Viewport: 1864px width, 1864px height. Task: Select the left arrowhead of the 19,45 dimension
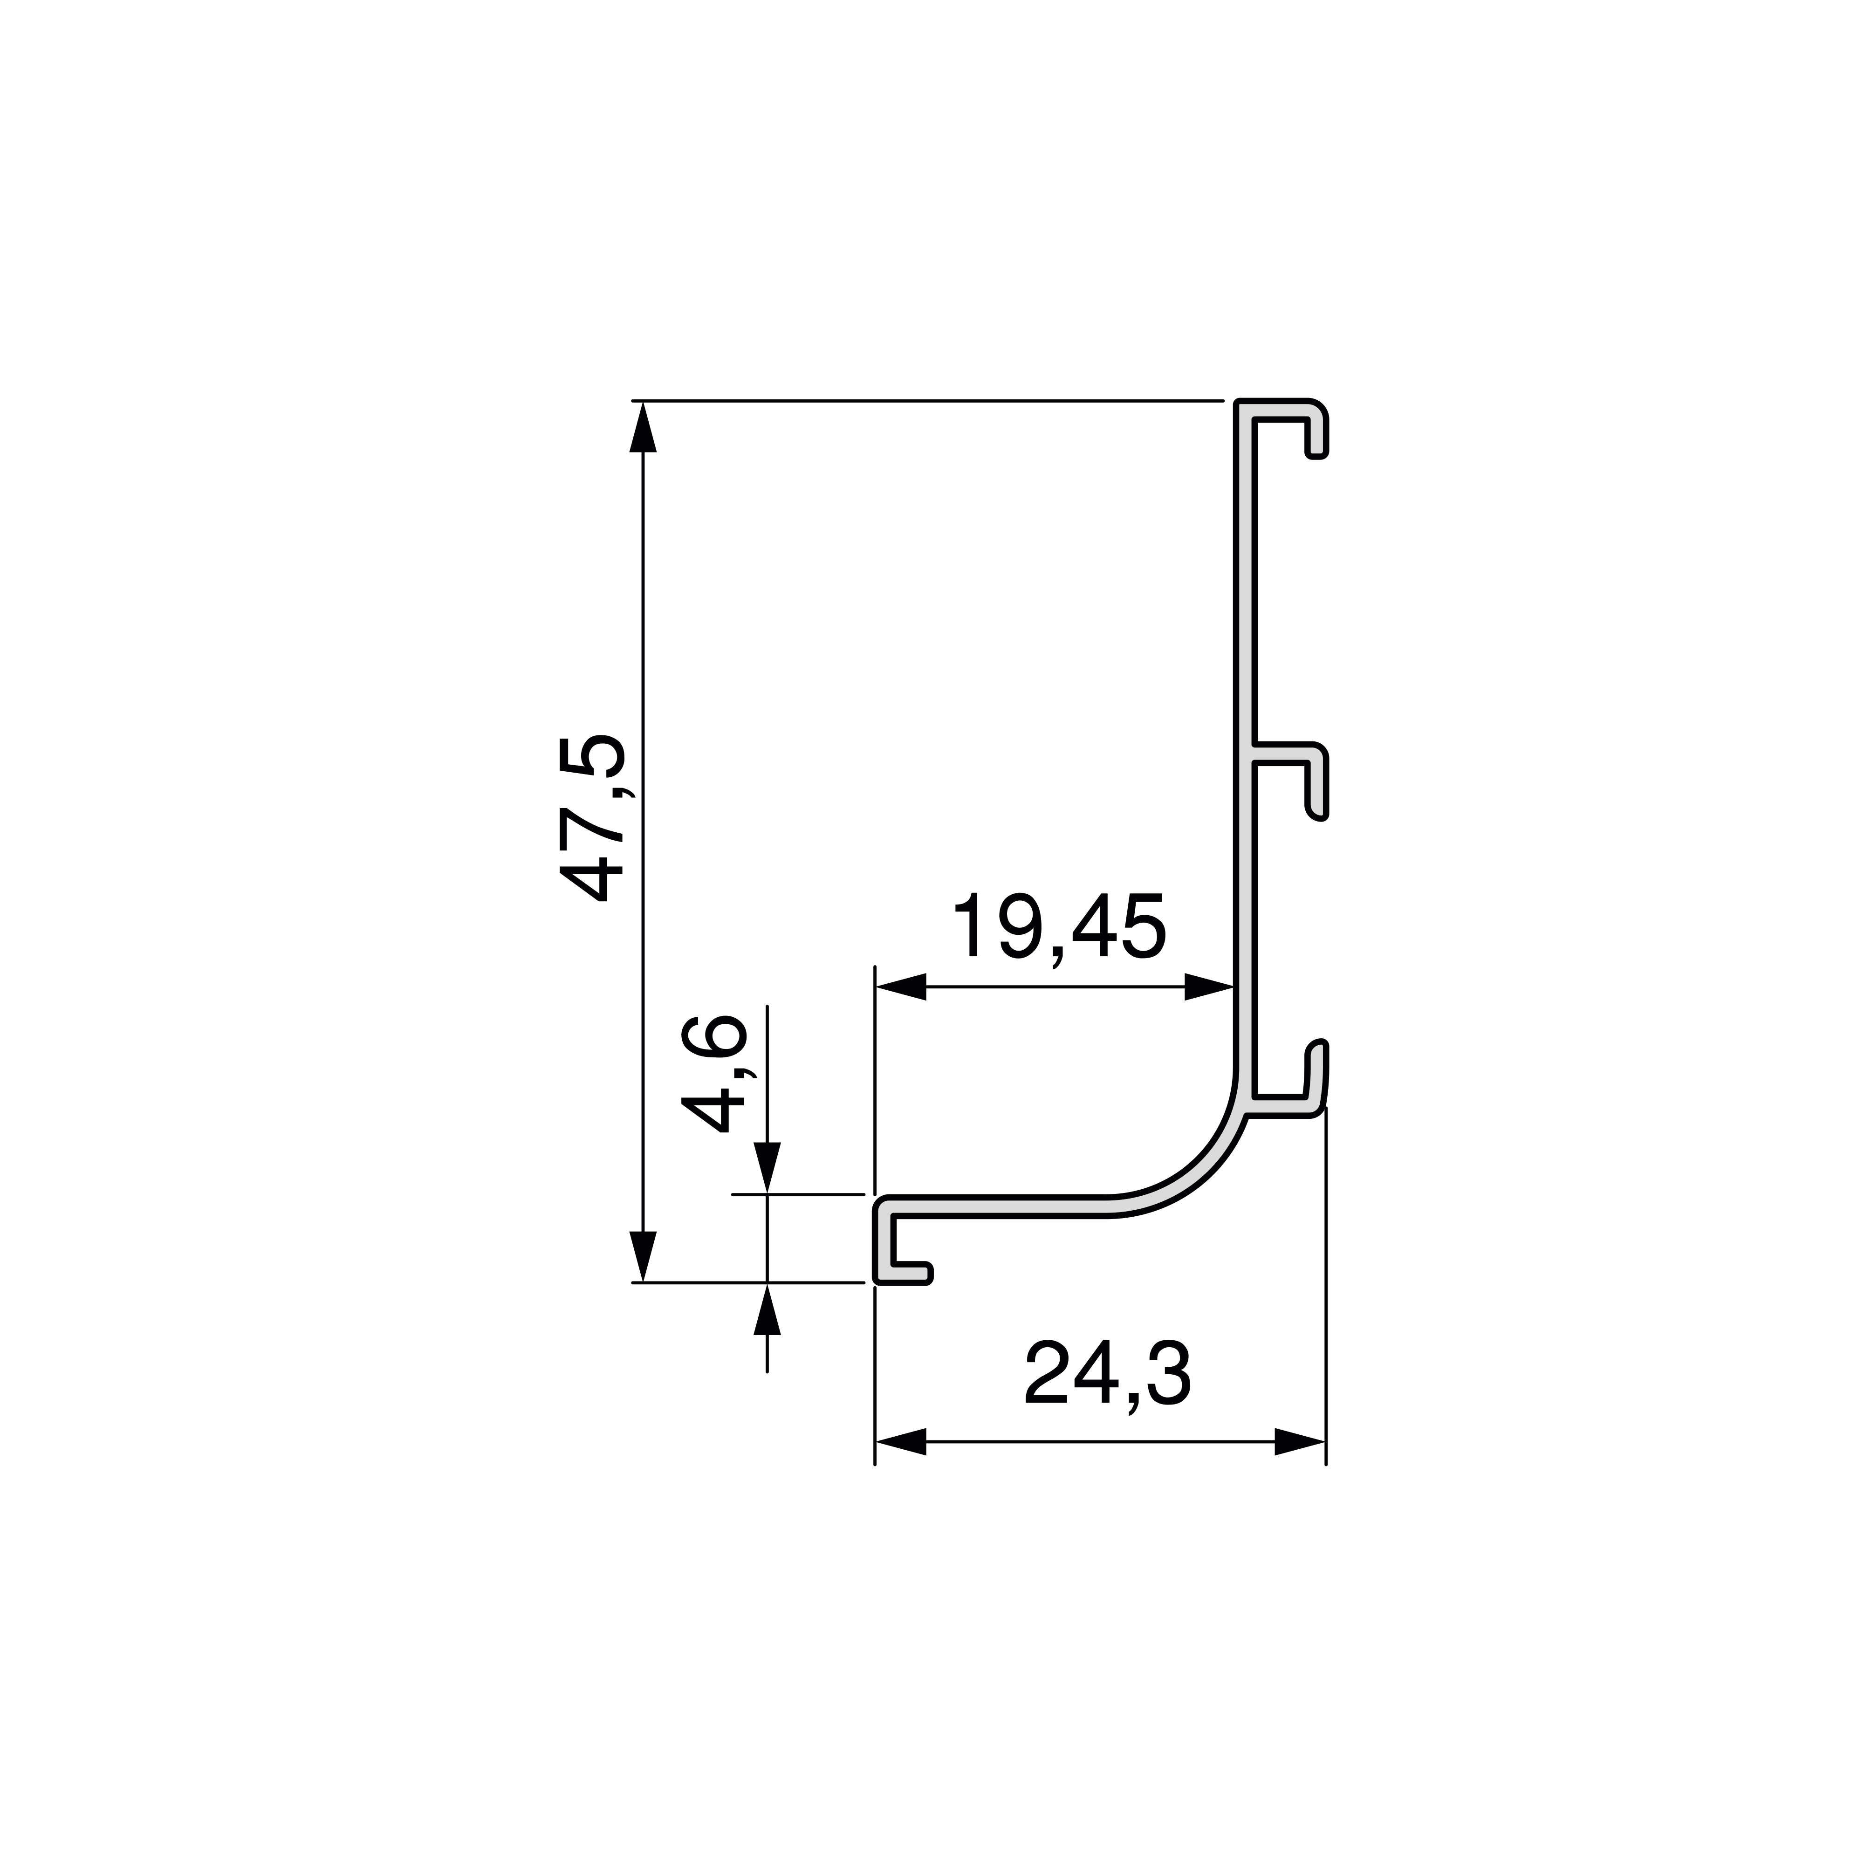900,987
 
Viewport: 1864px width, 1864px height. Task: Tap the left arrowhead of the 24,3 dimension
900,1441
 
